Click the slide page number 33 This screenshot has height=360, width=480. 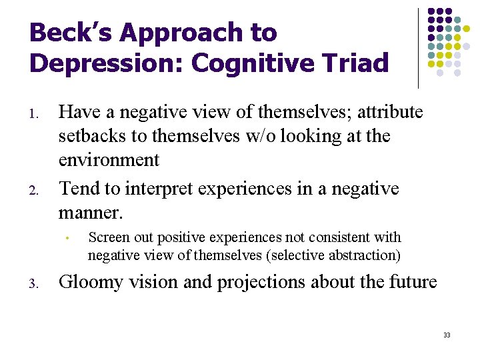(447, 335)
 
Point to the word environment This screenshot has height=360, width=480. (109, 160)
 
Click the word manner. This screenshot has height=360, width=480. (91, 213)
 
